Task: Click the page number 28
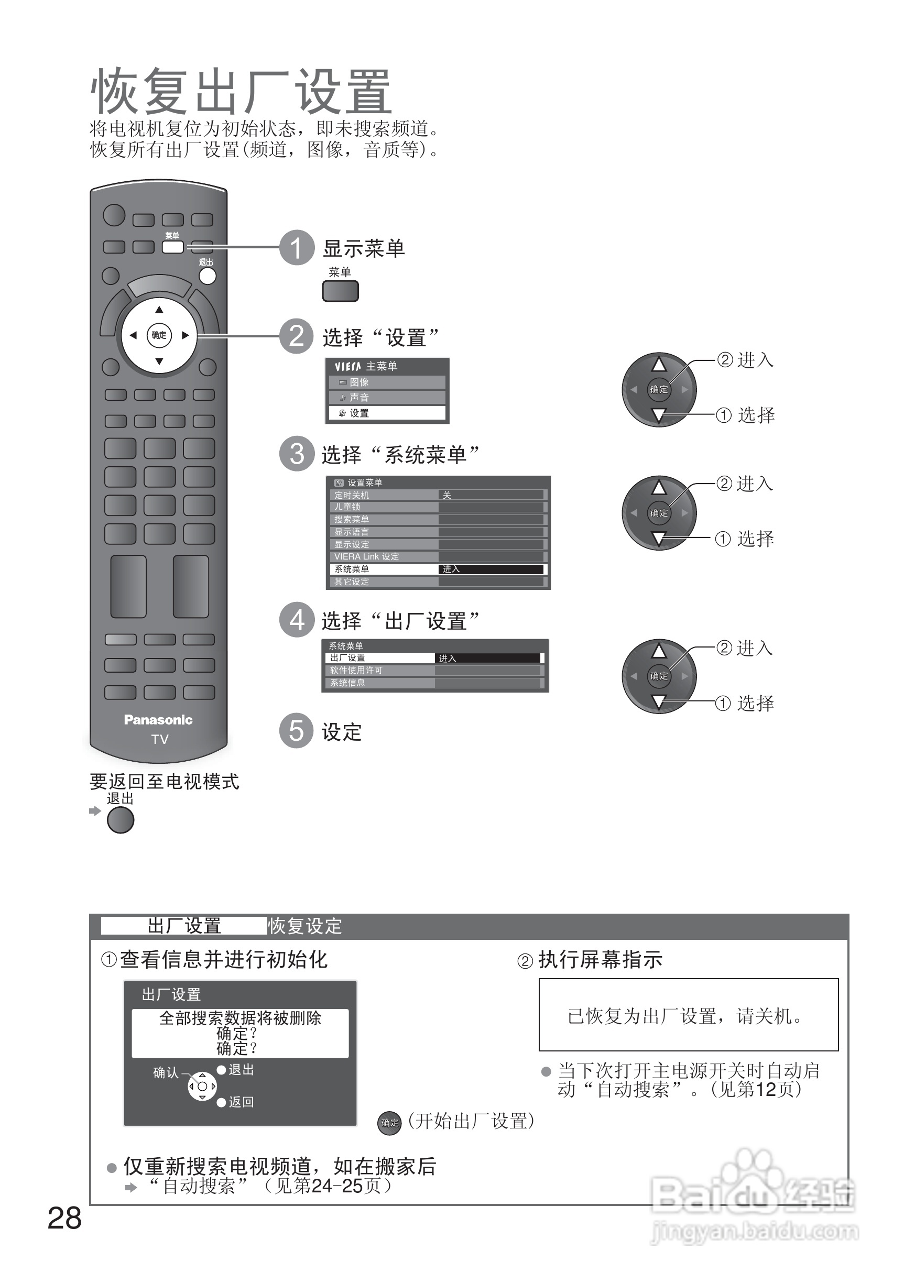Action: [64, 1218]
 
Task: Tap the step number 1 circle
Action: [297, 248]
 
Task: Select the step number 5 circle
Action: [297, 730]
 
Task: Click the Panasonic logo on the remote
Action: [158, 720]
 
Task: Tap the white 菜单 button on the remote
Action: [172, 247]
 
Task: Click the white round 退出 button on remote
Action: [208, 276]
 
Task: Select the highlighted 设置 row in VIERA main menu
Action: [387, 413]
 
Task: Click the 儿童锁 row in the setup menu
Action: [383, 507]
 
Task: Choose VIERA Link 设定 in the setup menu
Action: [383, 556]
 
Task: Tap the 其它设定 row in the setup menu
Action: [383, 582]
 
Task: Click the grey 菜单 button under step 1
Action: [340, 291]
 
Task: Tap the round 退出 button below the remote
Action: [121, 820]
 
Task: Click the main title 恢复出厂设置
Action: [241, 91]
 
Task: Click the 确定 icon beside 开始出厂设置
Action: [389, 1123]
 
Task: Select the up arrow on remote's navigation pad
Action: [159, 310]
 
